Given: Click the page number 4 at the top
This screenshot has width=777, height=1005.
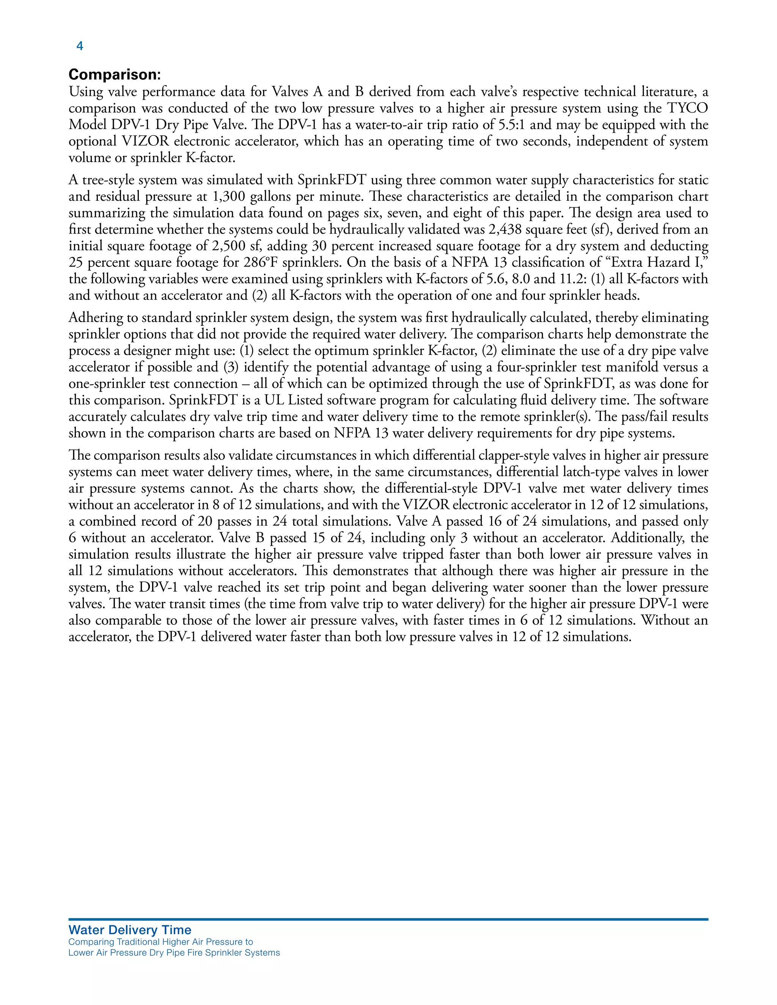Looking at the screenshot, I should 80,46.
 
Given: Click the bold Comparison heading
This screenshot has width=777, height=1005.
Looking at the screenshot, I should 115,75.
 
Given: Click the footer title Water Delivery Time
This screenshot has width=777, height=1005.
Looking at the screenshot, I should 130,930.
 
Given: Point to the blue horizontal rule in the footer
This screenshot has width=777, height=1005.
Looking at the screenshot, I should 388,919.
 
